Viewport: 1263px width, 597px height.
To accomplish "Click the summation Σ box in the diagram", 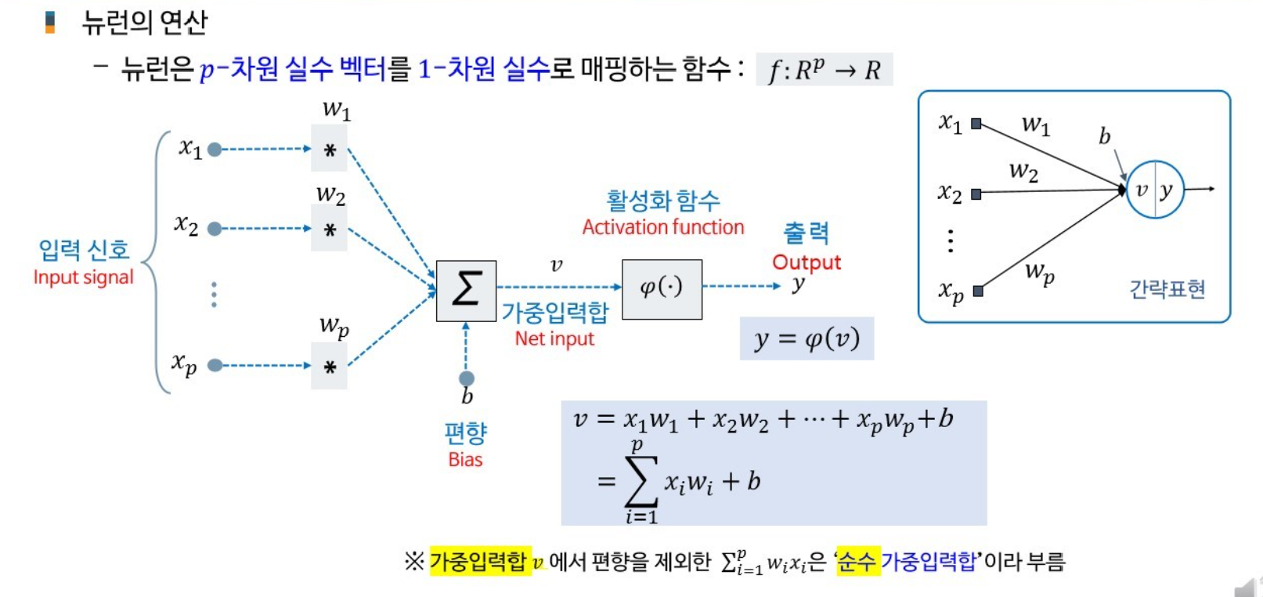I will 466,291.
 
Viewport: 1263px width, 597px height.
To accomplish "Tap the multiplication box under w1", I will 329,149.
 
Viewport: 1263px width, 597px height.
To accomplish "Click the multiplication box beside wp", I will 329,366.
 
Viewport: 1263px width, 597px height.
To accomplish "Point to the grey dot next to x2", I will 215,229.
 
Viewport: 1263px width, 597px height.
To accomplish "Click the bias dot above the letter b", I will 467,378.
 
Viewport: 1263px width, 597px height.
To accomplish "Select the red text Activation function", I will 662,227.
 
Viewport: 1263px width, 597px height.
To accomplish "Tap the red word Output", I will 807,262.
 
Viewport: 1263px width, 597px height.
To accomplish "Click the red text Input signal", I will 83,277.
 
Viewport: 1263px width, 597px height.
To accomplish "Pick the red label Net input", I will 554,338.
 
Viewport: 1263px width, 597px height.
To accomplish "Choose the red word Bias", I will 465,460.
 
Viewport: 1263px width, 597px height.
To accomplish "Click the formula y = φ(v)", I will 807,338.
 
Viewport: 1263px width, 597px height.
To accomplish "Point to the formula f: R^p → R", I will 824,70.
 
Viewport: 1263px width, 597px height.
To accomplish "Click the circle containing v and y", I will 1154,190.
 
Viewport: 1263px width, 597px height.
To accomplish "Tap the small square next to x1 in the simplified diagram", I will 976,124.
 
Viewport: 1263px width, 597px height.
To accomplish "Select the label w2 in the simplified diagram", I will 1023,171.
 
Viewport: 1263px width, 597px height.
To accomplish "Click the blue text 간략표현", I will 1167,289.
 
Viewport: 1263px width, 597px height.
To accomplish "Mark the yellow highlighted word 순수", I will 857,561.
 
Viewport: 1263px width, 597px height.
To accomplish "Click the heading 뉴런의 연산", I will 145,22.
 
